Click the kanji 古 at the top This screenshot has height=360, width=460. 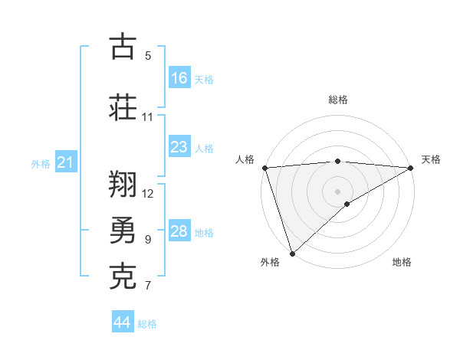click(123, 47)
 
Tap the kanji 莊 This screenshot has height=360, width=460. click(123, 106)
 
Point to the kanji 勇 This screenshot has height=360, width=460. click(123, 230)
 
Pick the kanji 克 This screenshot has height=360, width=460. click(123, 277)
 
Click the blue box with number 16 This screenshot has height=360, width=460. click(179, 78)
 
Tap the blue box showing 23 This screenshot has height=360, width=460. click(179, 147)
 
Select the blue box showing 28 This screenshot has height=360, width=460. click(179, 231)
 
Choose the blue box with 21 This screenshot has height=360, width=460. click(66, 163)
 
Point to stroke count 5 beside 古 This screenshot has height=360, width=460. click(148, 56)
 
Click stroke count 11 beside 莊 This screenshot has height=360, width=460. click(148, 117)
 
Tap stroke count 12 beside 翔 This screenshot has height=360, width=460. click(148, 193)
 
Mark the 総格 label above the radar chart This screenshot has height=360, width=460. click(338, 100)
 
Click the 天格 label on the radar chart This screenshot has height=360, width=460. click(432, 159)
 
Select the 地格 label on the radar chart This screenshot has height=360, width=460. click(402, 262)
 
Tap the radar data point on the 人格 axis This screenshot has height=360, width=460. click(264, 168)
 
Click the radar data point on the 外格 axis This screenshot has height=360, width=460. click(292, 253)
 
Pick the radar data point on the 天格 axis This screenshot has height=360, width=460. click(411, 168)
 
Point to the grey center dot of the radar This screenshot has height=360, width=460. click(338, 191)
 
